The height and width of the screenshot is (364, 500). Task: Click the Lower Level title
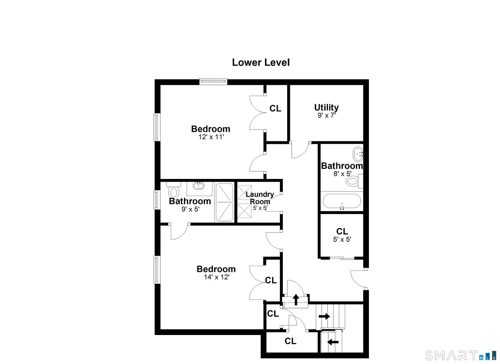pos(261,63)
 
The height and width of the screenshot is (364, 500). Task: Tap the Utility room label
pos(326,108)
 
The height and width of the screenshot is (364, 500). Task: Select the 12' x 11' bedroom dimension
pos(211,137)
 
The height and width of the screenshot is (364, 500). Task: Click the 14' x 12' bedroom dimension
pos(216,277)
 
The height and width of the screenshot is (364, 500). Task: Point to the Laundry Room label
pos(260,198)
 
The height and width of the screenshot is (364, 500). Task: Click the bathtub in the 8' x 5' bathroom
pos(342,201)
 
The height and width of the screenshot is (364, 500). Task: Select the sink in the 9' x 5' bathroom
pos(198,185)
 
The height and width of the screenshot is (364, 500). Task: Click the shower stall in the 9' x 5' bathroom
pos(224,203)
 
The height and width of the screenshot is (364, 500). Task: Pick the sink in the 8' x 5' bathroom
pos(358,154)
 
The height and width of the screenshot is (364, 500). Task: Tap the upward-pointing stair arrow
pos(296,300)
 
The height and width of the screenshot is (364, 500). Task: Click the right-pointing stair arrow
pos(324,316)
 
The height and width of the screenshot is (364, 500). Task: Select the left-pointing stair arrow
pos(333,342)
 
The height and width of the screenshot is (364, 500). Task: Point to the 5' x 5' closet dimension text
pos(342,240)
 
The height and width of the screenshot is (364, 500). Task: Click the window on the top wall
pos(213,82)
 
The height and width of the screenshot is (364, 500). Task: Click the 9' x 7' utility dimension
pos(327,116)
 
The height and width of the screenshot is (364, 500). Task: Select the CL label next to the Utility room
pos(275,109)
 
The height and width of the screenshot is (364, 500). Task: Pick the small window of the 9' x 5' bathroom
pos(157,200)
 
